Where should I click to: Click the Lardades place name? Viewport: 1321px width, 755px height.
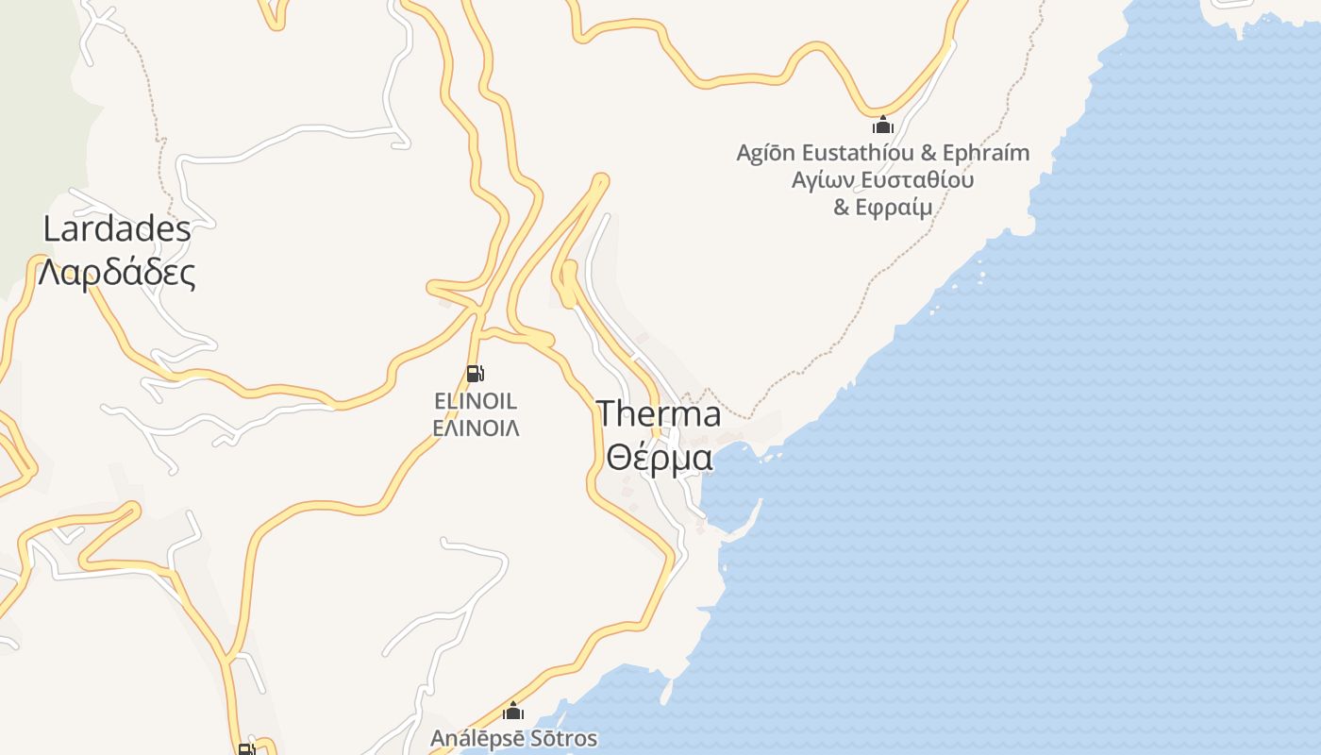117,229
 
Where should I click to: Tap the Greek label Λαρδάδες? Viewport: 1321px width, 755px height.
117,274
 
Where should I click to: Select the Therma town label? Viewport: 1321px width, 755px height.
659,413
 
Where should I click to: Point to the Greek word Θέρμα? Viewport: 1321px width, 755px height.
659,458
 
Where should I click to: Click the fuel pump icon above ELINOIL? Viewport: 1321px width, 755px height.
476,374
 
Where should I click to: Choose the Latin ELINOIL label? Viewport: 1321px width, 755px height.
476,402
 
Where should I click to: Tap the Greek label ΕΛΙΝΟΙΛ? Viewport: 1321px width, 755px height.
476,428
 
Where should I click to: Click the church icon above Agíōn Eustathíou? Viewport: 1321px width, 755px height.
882,125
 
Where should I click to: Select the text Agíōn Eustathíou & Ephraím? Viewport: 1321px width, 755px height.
882,153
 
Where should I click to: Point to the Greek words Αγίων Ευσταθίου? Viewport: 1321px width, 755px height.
882,179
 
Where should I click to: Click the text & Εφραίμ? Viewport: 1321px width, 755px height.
882,207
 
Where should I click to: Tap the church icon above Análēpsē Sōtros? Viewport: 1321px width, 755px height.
513,711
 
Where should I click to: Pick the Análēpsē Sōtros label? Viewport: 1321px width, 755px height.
513,738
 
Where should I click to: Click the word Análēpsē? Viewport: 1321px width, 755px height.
473,738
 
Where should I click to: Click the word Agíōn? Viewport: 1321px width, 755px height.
765,153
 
